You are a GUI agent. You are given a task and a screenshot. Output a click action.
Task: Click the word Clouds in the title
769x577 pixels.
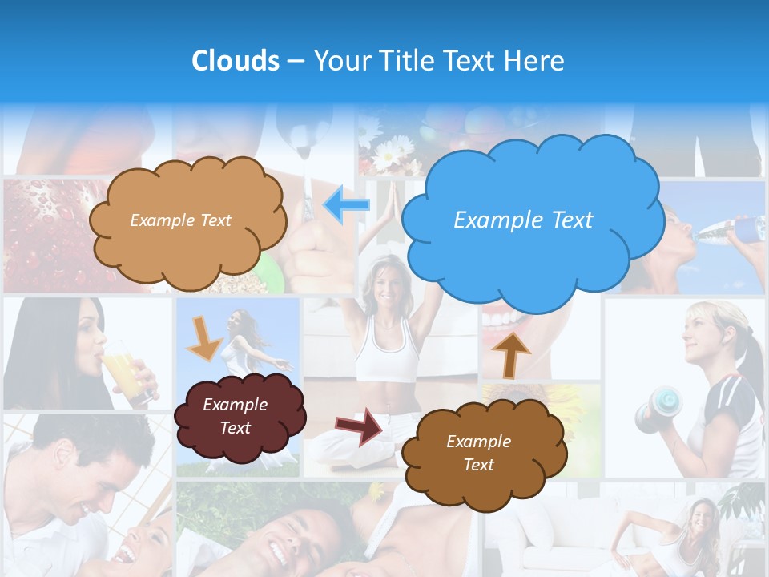[236, 61]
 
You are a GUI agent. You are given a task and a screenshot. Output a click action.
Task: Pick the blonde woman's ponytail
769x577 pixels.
[750, 353]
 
